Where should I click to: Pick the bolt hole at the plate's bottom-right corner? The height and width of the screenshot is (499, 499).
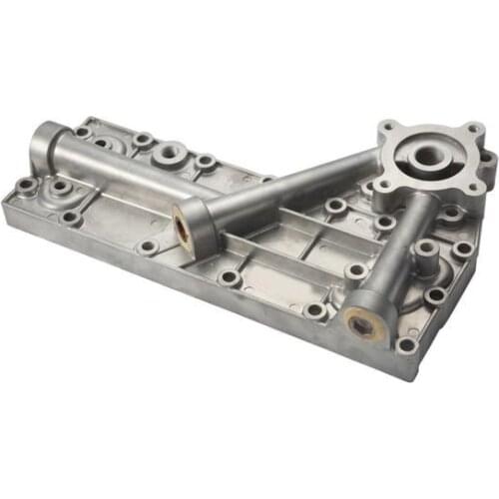[x=406, y=345]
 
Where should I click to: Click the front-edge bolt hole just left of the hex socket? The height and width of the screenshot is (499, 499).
[x=315, y=310]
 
